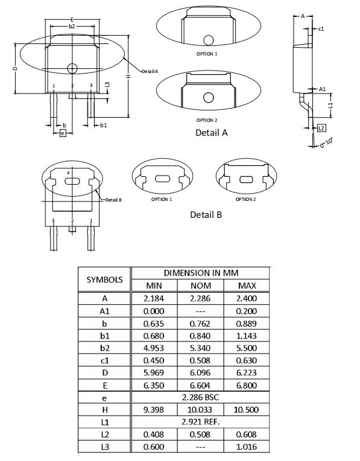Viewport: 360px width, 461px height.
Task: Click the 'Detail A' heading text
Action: [211, 132]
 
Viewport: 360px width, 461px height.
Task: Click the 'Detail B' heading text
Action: [206, 214]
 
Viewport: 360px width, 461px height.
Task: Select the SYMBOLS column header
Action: [104, 279]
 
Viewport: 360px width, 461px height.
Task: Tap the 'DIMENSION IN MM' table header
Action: [200, 273]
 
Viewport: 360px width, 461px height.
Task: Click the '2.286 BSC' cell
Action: [200, 398]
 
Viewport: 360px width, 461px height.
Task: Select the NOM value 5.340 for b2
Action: [200, 348]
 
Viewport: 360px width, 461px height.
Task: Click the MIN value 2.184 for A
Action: [154, 298]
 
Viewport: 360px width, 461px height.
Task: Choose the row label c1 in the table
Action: [104, 360]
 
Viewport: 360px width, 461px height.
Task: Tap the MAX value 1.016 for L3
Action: [247, 447]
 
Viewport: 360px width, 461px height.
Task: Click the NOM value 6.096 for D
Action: [200, 373]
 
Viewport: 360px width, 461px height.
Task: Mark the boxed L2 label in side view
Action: [321, 128]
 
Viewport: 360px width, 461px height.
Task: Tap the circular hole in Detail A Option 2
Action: [209, 97]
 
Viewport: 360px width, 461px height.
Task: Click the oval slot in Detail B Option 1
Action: [162, 179]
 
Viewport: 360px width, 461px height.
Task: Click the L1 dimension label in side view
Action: [330, 105]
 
